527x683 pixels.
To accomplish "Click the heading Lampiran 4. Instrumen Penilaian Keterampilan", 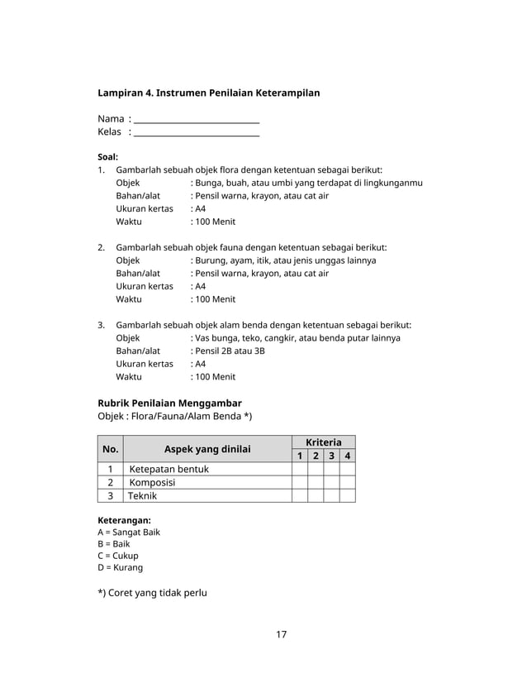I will point(208,93).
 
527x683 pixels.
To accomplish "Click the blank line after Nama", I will point(197,121).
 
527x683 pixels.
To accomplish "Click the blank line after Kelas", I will point(197,133).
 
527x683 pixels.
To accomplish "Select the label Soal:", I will point(107,156).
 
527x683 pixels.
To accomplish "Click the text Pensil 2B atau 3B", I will point(229,351).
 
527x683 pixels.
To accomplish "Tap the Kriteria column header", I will point(323,442).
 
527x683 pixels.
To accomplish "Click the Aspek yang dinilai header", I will point(207,449).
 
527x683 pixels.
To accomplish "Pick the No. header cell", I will point(110,449).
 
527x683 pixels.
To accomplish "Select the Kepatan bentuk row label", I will point(169,470).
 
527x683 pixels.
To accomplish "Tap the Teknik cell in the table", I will point(142,496).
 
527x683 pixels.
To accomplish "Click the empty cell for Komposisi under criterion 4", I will point(347,483).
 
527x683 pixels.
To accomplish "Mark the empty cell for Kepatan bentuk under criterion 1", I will point(299,470).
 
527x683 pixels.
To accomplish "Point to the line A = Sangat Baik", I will point(128,533).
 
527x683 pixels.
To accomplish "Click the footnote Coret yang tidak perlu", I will point(152,593).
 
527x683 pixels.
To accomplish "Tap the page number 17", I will point(281,635).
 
